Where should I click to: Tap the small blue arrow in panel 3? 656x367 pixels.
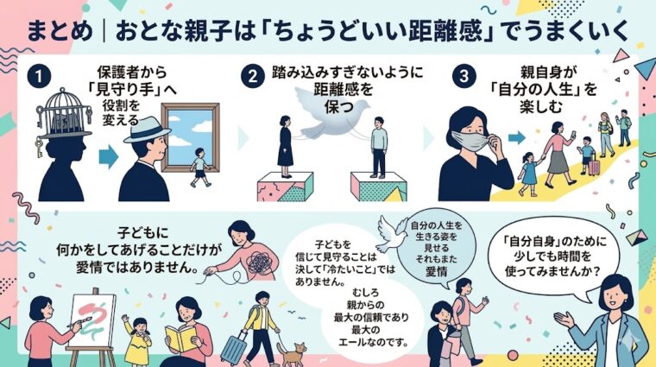click(517, 136)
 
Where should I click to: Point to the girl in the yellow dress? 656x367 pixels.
click(136, 340)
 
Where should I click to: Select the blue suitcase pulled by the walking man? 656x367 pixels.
click(234, 348)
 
